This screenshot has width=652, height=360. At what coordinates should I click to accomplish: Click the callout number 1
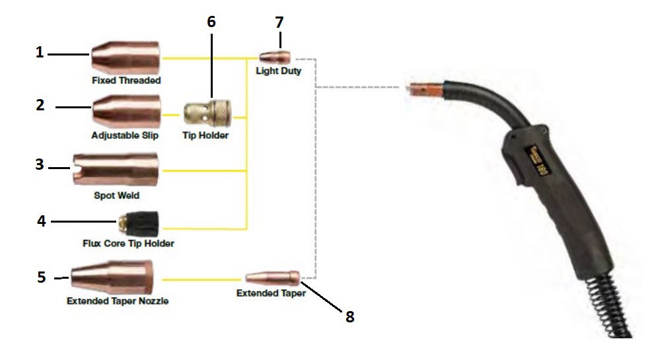tap(40, 52)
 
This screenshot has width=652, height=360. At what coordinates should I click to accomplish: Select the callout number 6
tap(211, 22)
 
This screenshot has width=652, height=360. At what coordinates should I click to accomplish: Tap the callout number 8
tap(349, 316)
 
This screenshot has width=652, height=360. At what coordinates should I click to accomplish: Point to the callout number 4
tap(41, 220)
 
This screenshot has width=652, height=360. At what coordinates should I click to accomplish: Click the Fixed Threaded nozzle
tap(126, 58)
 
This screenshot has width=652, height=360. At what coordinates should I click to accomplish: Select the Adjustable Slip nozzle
tap(127, 110)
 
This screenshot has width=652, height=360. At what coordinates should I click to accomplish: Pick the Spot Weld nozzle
tap(116, 169)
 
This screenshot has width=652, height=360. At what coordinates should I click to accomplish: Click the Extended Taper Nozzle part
tap(112, 277)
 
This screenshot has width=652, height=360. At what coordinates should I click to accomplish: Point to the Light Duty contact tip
tap(275, 57)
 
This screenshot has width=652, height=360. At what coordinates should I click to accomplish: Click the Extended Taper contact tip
tap(272, 278)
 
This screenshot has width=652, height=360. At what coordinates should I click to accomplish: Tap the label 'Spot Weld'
tap(116, 196)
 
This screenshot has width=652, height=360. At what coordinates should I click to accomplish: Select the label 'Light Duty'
tap(278, 71)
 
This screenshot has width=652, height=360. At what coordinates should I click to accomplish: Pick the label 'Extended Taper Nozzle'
tap(117, 301)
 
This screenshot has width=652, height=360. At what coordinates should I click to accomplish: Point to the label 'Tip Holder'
tap(205, 135)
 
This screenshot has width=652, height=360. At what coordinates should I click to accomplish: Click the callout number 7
tap(279, 22)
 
